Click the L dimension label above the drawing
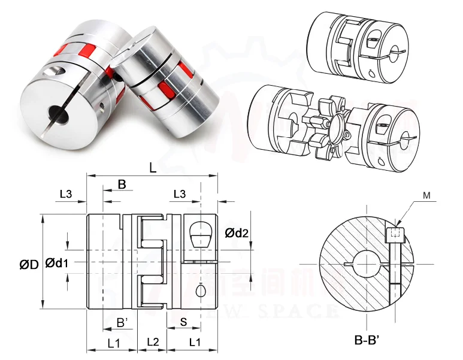point(153,168)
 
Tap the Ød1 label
point(58,262)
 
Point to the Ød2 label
point(237,233)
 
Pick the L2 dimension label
point(153,342)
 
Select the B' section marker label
point(123,323)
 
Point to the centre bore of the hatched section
point(365,264)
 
